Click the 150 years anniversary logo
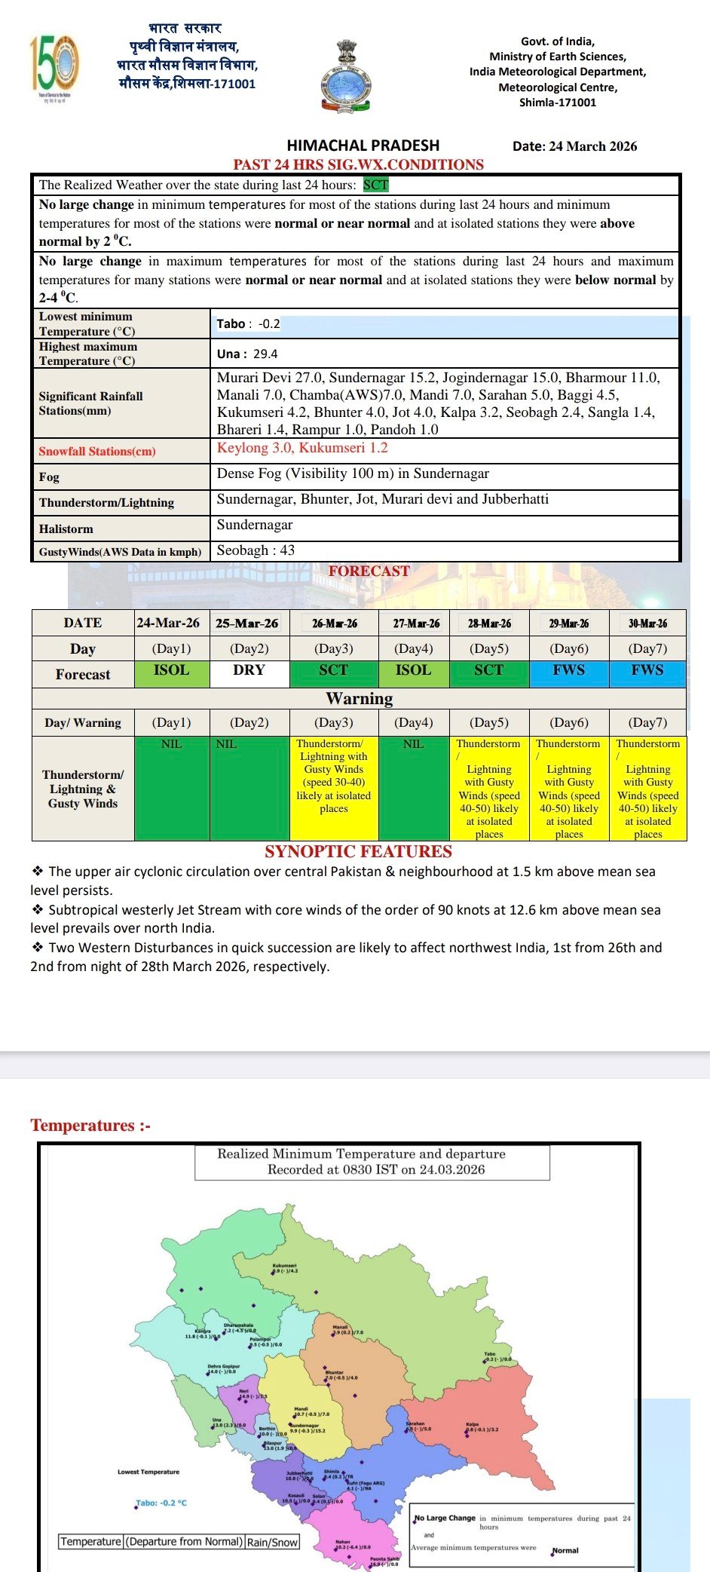tap(54, 66)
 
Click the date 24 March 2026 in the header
tap(574, 146)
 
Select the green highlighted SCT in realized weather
tap(375, 185)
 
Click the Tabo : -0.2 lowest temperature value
tap(248, 324)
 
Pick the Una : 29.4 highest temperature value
tap(247, 354)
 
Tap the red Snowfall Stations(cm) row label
tap(97, 451)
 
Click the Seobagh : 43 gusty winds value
tap(256, 550)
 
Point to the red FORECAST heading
tap(369, 571)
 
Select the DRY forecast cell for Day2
tap(249, 670)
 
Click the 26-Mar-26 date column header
tap(334, 624)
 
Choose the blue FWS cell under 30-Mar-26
tap(647, 670)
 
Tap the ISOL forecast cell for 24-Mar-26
tap(171, 670)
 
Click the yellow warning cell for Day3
tap(333, 787)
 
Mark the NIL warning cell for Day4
tap(413, 787)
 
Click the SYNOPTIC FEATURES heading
tap(358, 851)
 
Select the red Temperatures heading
tap(90, 1126)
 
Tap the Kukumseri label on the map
tap(284, 1266)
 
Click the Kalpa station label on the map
tap(473, 1425)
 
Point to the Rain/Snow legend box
tap(273, 1542)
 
